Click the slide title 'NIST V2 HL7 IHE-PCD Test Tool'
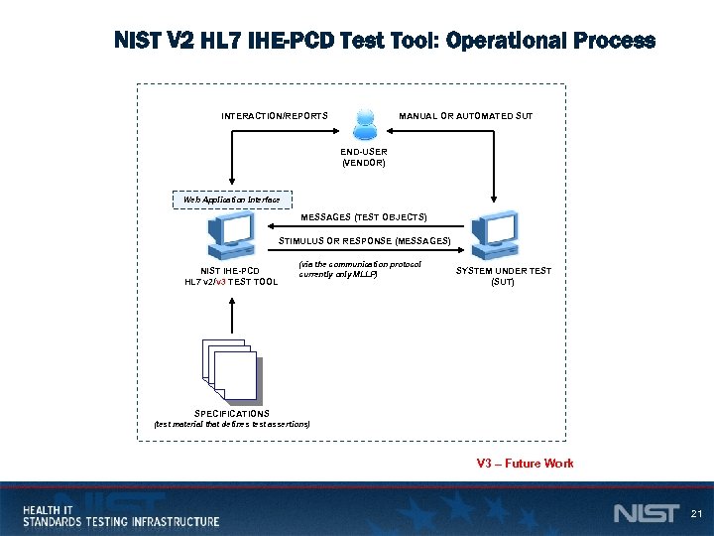[x=385, y=42]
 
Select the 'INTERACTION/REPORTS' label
[x=275, y=116]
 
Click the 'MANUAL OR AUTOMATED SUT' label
[x=465, y=116]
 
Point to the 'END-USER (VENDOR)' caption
[x=364, y=157]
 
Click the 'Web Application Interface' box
[x=232, y=200]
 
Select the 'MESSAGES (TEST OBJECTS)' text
[x=364, y=216]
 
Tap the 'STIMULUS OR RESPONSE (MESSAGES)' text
[x=364, y=241]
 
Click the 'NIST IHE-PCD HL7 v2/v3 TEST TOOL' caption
[x=231, y=276]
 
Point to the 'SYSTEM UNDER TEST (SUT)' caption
[x=503, y=276]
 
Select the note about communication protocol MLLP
[x=359, y=269]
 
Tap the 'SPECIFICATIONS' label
[x=231, y=413]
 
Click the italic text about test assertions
[x=231, y=424]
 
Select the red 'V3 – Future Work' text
[x=525, y=464]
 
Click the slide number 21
[x=695, y=513]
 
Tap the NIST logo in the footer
[x=646, y=513]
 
